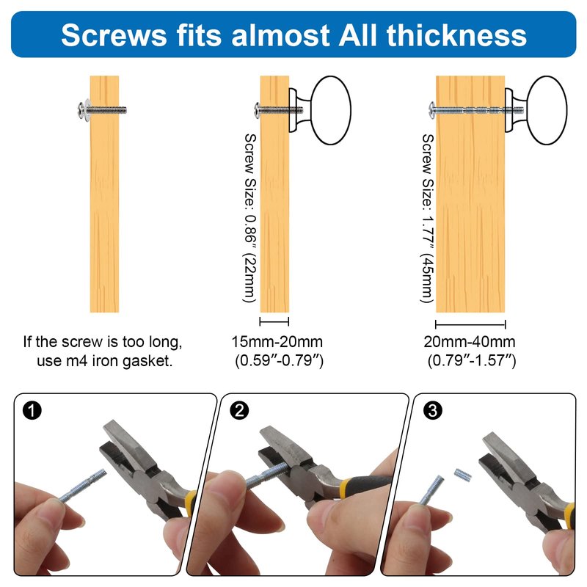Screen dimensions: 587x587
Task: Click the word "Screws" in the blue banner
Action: (x=114, y=35)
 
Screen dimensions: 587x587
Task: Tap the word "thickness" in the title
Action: (x=456, y=34)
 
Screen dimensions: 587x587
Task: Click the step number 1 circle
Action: (x=32, y=410)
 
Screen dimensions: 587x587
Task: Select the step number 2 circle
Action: (x=239, y=410)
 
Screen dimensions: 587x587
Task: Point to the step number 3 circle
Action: (x=432, y=410)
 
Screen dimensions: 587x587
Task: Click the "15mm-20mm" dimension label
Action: (x=277, y=342)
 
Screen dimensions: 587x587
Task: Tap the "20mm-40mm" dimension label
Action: (x=470, y=342)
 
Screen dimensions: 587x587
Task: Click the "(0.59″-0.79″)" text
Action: (x=280, y=360)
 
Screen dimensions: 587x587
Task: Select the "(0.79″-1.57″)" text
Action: (x=472, y=360)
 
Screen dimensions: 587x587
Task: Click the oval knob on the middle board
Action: (x=331, y=111)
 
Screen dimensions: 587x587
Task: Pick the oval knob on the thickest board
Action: (x=547, y=111)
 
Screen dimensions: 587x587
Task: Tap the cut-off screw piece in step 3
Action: (x=463, y=475)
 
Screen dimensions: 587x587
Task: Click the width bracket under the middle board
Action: (x=274, y=321)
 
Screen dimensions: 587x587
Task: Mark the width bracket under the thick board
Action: (x=470, y=324)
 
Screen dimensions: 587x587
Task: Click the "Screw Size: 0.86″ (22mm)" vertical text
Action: (x=249, y=218)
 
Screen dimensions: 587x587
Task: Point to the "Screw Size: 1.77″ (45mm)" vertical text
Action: (x=428, y=218)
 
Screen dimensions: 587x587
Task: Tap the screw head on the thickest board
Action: (x=432, y=110)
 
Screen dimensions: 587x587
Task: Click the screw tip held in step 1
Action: (x=103, y=473)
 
